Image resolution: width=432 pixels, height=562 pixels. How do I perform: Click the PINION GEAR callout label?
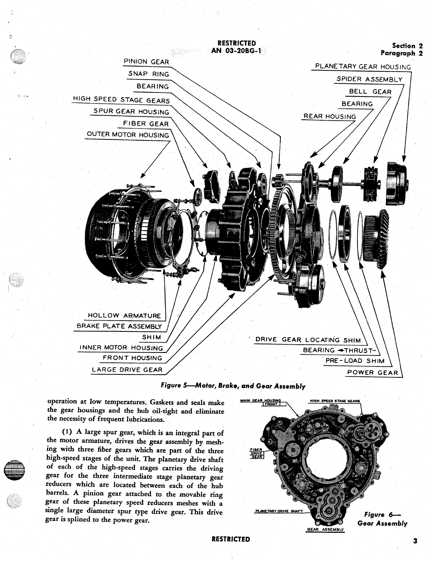(146, 62)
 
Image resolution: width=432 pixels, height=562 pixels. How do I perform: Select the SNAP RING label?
(149, 74)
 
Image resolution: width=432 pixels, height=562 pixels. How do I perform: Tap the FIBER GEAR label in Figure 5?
(146, 124)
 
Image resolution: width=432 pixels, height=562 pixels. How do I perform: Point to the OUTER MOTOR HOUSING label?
(128, 134)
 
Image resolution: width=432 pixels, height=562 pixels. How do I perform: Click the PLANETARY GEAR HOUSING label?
(363, 67)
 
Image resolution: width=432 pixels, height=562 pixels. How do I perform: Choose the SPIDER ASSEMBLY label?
(369, 79)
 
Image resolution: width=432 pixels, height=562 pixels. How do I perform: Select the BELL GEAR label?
(370, 92)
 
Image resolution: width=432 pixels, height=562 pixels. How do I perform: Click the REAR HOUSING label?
(330, 116)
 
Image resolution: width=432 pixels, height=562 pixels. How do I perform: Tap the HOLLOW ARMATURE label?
(124, 315)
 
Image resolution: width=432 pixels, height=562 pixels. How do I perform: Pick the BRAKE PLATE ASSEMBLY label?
(119, 326)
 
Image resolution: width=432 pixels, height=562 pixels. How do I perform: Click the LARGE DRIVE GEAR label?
(127, 369)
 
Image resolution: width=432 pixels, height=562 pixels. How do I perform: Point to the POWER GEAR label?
(372, 373)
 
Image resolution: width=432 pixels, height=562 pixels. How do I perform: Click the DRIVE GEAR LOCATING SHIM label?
(308, 339)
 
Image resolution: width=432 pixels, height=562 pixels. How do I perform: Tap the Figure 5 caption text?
(233, 386)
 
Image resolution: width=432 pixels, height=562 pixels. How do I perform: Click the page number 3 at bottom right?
(415, 541)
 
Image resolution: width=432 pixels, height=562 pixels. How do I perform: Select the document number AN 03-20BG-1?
(236, 50)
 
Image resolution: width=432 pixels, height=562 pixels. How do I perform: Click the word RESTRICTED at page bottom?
(231, 539)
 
